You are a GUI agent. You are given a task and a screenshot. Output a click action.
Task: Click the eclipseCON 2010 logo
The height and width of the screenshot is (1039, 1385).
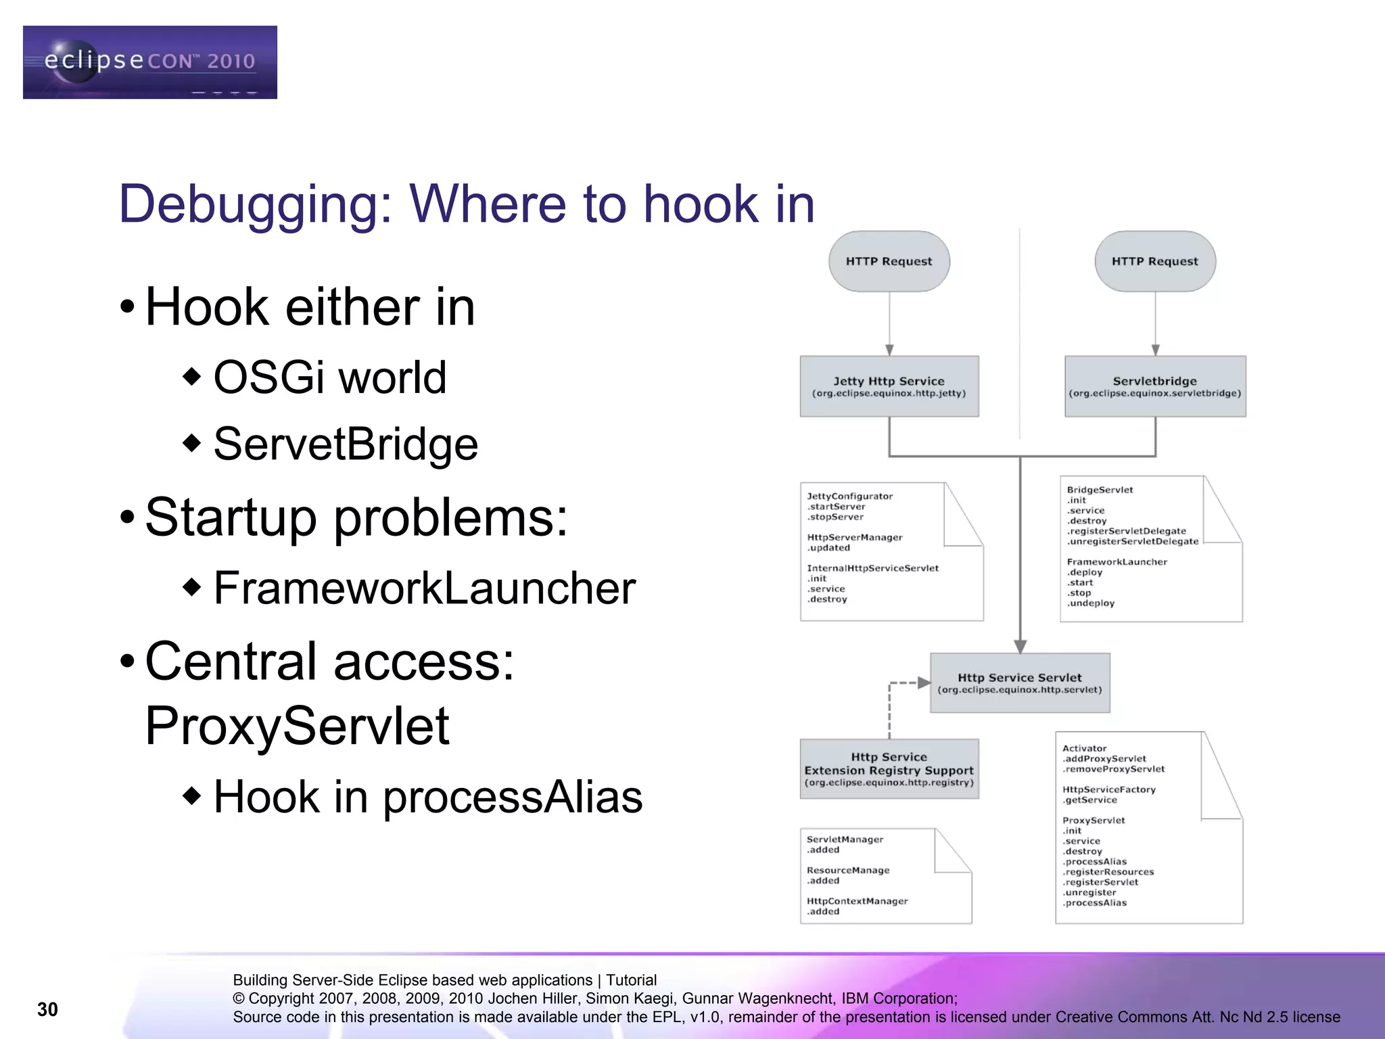click(149, 62)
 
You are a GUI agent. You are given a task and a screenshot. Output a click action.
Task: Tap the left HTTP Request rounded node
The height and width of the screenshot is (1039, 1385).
click(889, 261)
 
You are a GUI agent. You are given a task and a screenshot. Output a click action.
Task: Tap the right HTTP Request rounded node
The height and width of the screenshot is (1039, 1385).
click(1154, 261)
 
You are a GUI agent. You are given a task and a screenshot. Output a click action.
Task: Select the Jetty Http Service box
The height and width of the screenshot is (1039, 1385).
click(889, 386)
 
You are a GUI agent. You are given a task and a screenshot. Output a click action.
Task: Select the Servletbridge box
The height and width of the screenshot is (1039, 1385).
click(1154, 386)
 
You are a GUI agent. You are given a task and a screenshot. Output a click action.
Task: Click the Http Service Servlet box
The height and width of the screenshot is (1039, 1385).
click(1019, 683)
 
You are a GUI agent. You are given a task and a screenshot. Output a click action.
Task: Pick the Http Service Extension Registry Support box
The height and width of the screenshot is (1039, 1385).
click(889, 769)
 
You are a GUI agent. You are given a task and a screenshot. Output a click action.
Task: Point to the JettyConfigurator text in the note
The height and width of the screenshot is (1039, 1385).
click(849, 497)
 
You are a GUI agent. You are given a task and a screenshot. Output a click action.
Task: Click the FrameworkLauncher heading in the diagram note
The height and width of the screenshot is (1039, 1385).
click(1117, 562)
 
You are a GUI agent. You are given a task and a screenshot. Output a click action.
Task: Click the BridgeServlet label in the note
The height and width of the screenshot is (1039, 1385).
click(1100, 490)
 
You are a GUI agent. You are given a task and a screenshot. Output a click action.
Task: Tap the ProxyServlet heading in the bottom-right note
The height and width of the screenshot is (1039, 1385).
click(1093, 821)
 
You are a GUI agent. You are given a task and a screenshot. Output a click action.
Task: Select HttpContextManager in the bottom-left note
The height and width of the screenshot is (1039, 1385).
click(857, 901)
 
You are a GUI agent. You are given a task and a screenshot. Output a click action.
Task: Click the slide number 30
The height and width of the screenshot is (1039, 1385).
click(47, 1009)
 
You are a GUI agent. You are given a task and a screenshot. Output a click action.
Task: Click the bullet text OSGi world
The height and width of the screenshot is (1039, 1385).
click(330, 377)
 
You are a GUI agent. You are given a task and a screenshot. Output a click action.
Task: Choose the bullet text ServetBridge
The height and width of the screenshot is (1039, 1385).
click(346, 444)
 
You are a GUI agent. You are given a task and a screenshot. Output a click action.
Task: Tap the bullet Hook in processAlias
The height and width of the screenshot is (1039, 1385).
click(427, 796)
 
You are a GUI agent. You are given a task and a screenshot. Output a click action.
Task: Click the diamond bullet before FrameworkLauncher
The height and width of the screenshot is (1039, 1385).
click(192, 586)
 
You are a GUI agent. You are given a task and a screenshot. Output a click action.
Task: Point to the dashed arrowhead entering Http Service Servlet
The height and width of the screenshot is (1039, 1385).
click(924, 683)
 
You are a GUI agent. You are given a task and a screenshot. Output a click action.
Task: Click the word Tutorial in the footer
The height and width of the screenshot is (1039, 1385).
click(630, 980)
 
